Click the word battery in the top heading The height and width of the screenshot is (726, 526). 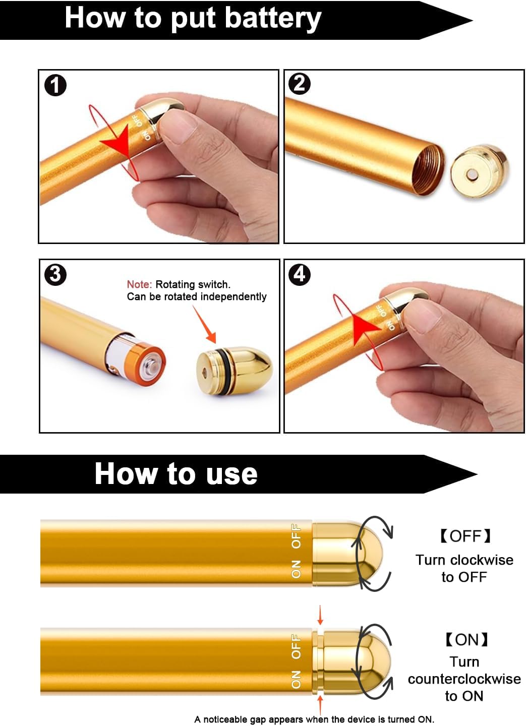272,19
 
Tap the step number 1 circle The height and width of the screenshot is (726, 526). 55,85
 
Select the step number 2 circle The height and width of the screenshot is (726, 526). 300,84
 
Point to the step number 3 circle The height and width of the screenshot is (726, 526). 55,275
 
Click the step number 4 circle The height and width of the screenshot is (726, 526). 300,274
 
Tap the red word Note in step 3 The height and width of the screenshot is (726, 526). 139,284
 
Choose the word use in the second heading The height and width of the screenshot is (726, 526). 232,474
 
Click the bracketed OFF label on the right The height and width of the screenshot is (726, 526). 464,536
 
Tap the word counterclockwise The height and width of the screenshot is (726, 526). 464,679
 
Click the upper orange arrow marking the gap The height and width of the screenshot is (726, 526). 320,616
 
